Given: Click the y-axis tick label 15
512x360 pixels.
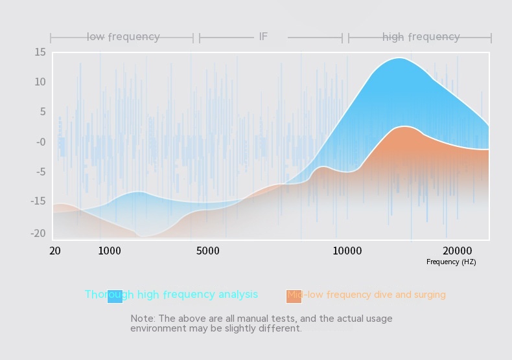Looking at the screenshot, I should click(x=40, y=52).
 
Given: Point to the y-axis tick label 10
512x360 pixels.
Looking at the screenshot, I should click(x=40, y=82).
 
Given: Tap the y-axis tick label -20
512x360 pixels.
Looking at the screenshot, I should click(x=38, y=234).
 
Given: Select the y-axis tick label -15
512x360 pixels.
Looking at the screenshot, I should click(x=38, y=201).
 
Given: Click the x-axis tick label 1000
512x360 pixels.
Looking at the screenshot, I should click(x=110, y=251).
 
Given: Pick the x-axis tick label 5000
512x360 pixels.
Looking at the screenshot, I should click(x=208, y=251).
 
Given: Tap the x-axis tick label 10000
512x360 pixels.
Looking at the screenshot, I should click(x=347, y=251).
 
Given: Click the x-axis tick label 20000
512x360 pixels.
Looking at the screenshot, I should click(x=458, y=251).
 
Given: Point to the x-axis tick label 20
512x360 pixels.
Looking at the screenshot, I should click(x=55, y=251).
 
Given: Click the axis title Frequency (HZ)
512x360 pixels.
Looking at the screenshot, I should click(x=451, y=262).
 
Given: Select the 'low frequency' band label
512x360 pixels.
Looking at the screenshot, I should click(x=123, y=37).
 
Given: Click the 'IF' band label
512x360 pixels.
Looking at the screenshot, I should click(x=263, y=37).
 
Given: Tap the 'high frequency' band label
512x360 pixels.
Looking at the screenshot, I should click(x=421, y=37).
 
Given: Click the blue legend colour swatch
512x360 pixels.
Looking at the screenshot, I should click(x=115, y=296).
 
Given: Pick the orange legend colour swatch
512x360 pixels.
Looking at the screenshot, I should click(x=294, y=296).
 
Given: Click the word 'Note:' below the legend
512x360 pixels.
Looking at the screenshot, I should click(x=143, y=319).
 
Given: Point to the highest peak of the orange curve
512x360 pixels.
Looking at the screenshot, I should click(x=404, y=126).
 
